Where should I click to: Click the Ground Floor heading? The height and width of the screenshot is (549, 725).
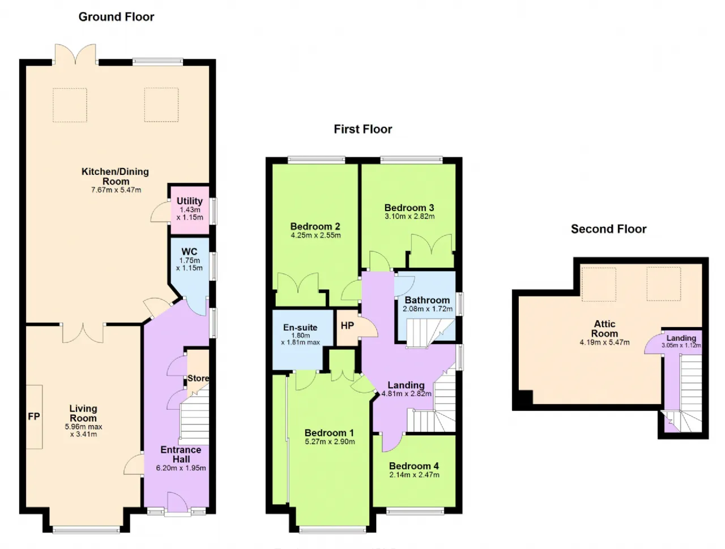(x=116, y=17)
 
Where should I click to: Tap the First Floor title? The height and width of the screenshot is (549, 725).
(x=362, y=129)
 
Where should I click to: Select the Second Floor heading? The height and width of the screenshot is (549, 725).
(x=608, y=229)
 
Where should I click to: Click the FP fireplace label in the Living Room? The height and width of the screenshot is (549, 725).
(x=33, y=417)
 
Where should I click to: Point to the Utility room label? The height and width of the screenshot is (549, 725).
(x=189, y=201)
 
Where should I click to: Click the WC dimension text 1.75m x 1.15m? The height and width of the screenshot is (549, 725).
(x=189, y=264)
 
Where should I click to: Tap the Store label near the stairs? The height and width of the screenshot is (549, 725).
(x=198, y=378)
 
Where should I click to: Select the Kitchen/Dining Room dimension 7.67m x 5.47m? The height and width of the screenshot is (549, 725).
(x=116, y=190)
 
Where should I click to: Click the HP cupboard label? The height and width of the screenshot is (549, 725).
(x=347, y=325)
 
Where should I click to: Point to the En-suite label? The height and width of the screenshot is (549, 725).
(x=300, y=327)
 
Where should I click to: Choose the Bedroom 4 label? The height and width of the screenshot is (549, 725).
(x=414, y=466)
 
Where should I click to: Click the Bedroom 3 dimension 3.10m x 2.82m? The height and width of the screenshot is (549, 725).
(x=410, y=216)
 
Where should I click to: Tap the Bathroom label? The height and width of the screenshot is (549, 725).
(x=427, y=300)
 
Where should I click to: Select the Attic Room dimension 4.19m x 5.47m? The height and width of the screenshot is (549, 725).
(x=604, y=342)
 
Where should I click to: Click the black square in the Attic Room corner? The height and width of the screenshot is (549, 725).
(x=525, y=397)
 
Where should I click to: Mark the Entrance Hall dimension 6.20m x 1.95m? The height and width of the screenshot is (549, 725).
(x=181, y=468)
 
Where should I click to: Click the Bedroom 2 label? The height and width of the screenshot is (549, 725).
(x=315, y=226)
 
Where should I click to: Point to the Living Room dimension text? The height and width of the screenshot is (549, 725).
(x=84, y=430)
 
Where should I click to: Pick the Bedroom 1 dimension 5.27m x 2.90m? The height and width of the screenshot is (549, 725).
(x=330, y=441)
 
